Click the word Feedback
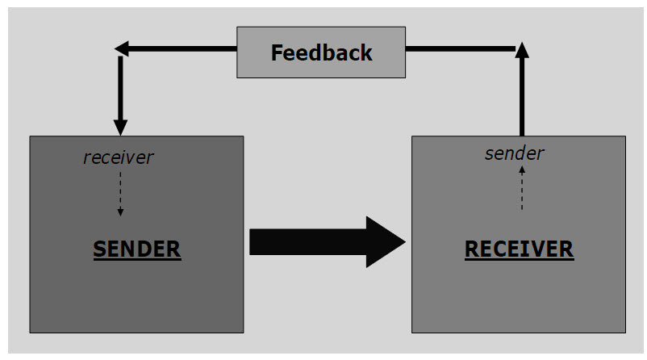click(321, 53)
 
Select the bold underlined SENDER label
click(137, 249)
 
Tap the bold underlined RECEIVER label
click(519, 249)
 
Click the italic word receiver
click(118, 157)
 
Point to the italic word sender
click(514, 153)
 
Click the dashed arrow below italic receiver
click(120, 194)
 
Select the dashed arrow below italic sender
click(521, 188)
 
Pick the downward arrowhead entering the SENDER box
click(120, 127)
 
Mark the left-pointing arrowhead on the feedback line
click(122, 49)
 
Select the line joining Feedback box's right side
click(460, 49)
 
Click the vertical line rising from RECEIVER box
click(521, 97)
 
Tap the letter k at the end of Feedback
click(366, 53)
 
